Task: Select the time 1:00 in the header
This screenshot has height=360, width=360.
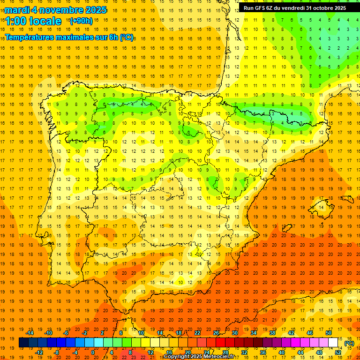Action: click(x=15, y=21)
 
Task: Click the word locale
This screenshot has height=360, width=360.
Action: click(x=45, y=21)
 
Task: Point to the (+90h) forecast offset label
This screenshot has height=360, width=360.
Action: click(x=81, y=21)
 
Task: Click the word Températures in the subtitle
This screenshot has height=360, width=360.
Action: click(x=32, y=37)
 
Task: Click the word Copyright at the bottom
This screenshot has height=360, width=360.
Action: click(x=177, y=357)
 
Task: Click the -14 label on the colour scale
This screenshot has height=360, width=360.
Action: click(x=30, y=333)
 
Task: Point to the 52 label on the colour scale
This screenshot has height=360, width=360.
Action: click(x=338, y=352)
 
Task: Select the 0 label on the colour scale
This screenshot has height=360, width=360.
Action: click(x=93, y=352)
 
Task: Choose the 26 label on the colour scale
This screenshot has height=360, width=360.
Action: click(x=216, y=333)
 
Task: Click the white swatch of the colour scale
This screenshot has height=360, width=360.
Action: click(x=333, y=343)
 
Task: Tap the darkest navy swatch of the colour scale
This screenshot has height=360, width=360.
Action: click(x=23, y=343)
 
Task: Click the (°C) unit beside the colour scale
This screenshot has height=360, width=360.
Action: click(x=349, y=343)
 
